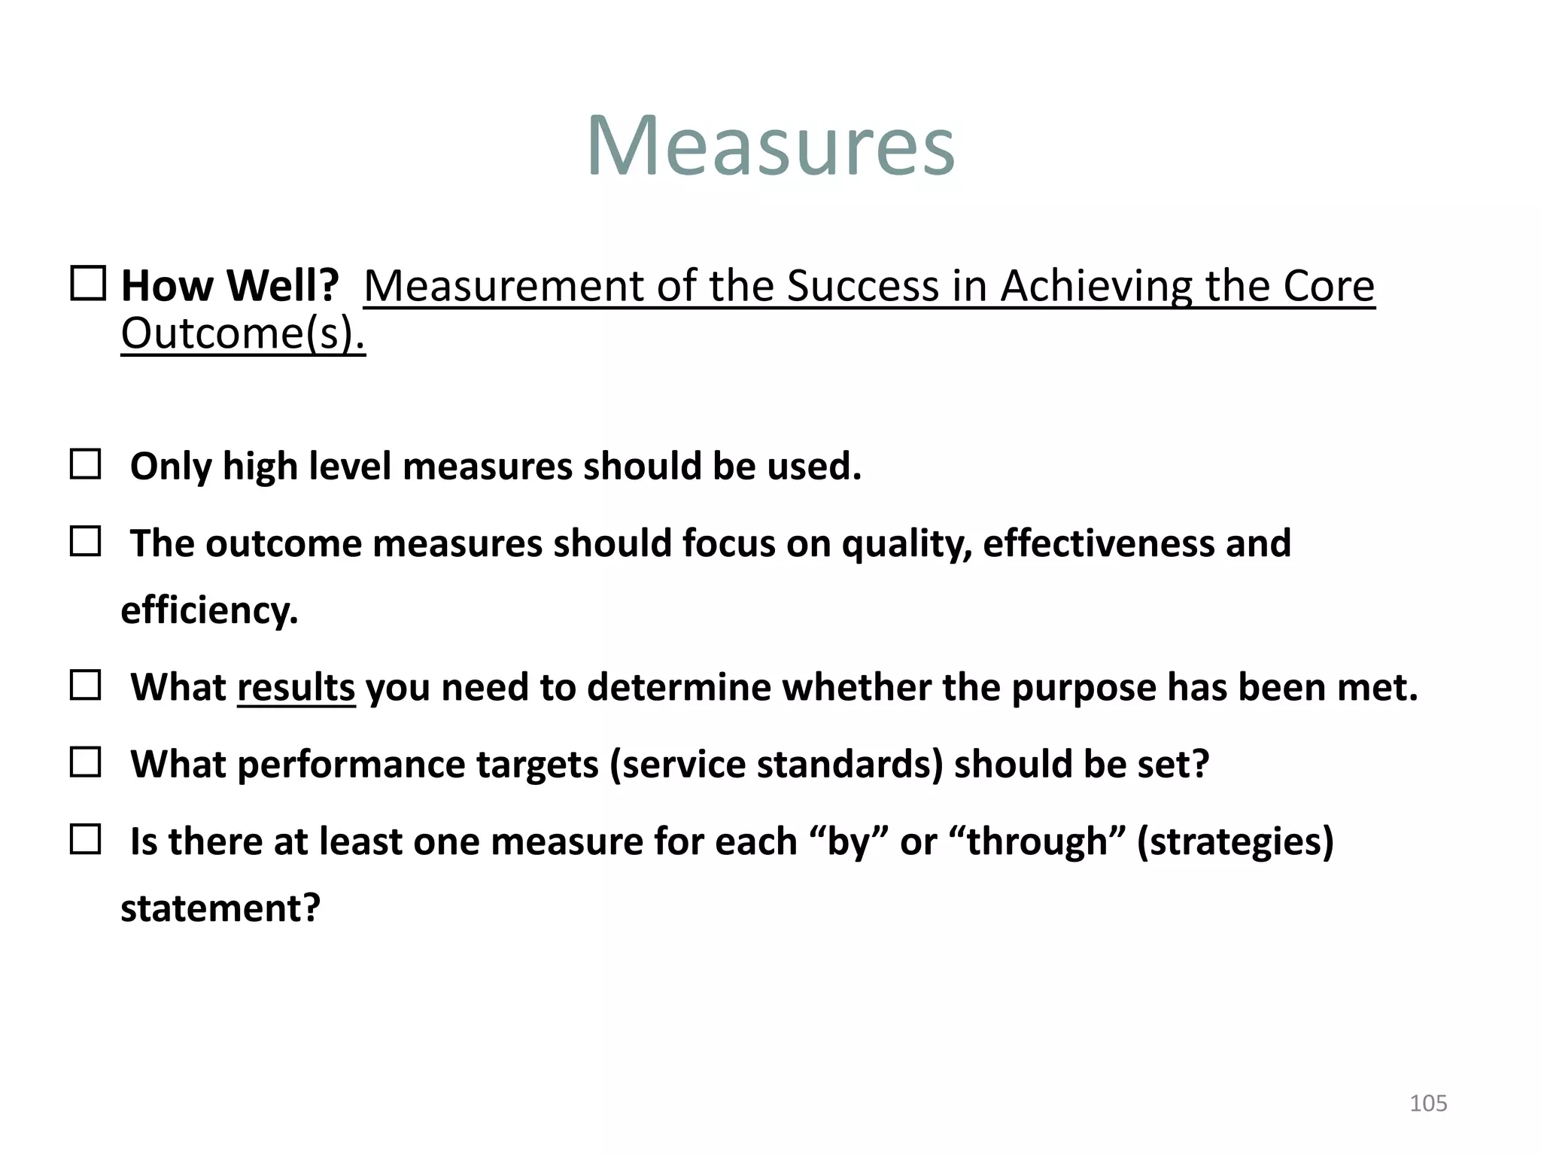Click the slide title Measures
pyautogui.click(x=770, y=145)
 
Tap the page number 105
pyautogui.click(x=1427, y=1103)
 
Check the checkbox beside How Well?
pyautogui.click(x=88, y=284)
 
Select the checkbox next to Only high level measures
pyautogui.click(x=85, y=464)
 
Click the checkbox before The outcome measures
pyautogui.click(x=85, y=541)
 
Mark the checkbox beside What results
pyautogui.click(x=85, y=686)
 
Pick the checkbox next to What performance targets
pyautogui.click(x=85, y=762)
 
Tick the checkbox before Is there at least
pyautogui.click(x=85, y=839)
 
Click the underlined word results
pyautogui.click(x=296, y=688)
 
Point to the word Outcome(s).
pyautogui.click(x=242, y=333)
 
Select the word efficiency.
pyautogui.click(x=209, y=610)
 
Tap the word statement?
pyautogui.click(x=220, y=908)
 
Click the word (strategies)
pyautogui.click(x=1235, y=841)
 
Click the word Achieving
pyautogui.click(x=1096, y=287)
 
